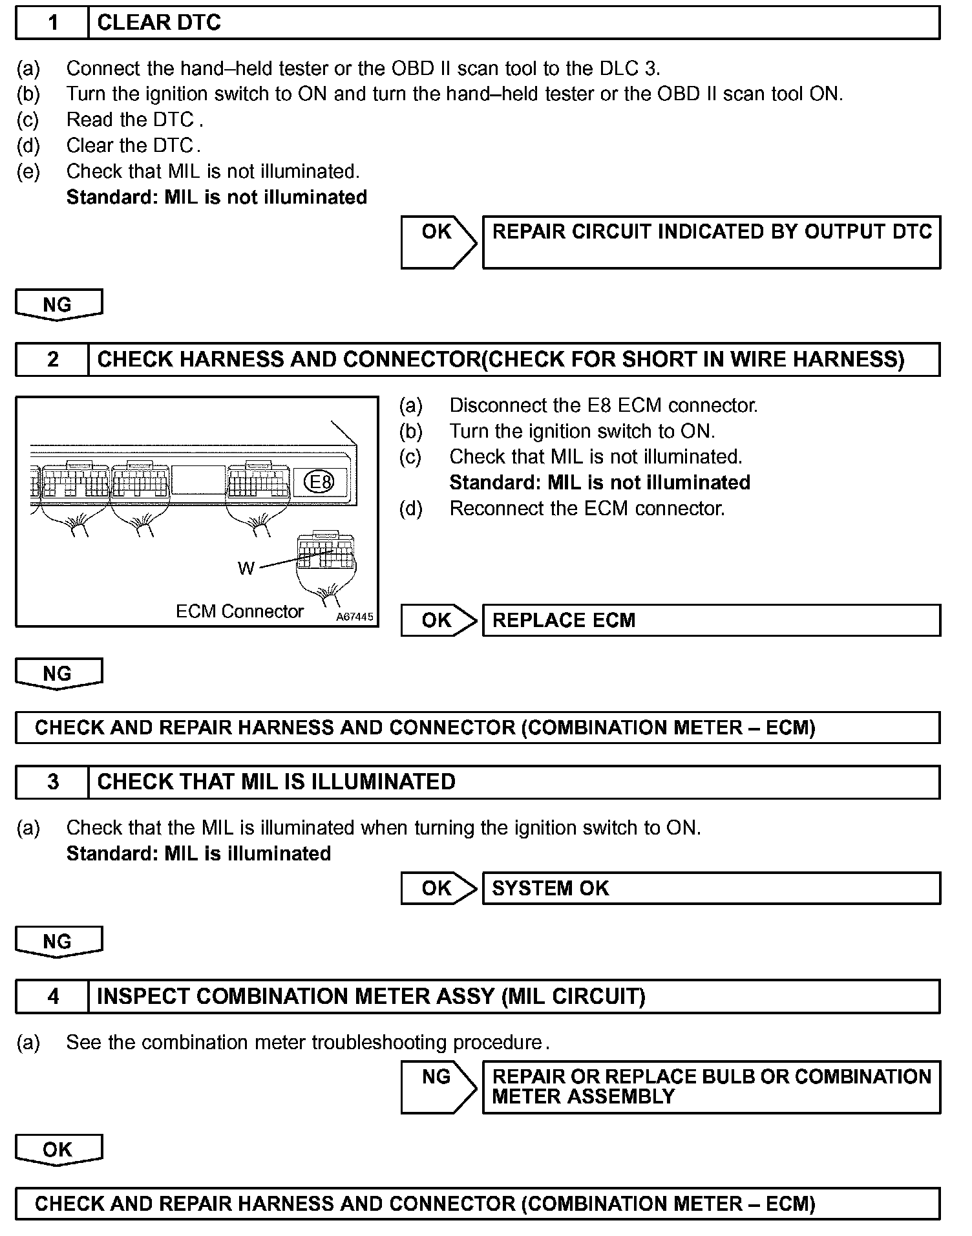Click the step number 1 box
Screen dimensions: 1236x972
52,23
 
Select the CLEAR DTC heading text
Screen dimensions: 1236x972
159,23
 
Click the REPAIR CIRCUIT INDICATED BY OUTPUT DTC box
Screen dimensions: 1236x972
711,242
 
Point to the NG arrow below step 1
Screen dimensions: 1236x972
58,304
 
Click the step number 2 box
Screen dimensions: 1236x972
52,359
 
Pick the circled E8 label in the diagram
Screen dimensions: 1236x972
321,482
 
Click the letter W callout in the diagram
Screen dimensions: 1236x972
246,568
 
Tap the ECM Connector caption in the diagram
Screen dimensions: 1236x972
239,612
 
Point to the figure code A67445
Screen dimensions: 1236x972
354,617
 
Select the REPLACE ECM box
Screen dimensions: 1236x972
711,621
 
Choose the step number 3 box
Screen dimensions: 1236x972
52,782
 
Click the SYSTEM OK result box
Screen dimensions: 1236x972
711,888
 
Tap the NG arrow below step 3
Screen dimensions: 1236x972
58,941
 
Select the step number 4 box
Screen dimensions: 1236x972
52,996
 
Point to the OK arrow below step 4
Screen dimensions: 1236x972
58,1149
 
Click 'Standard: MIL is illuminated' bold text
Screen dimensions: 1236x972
198,853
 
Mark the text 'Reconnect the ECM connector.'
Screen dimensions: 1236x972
587,509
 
